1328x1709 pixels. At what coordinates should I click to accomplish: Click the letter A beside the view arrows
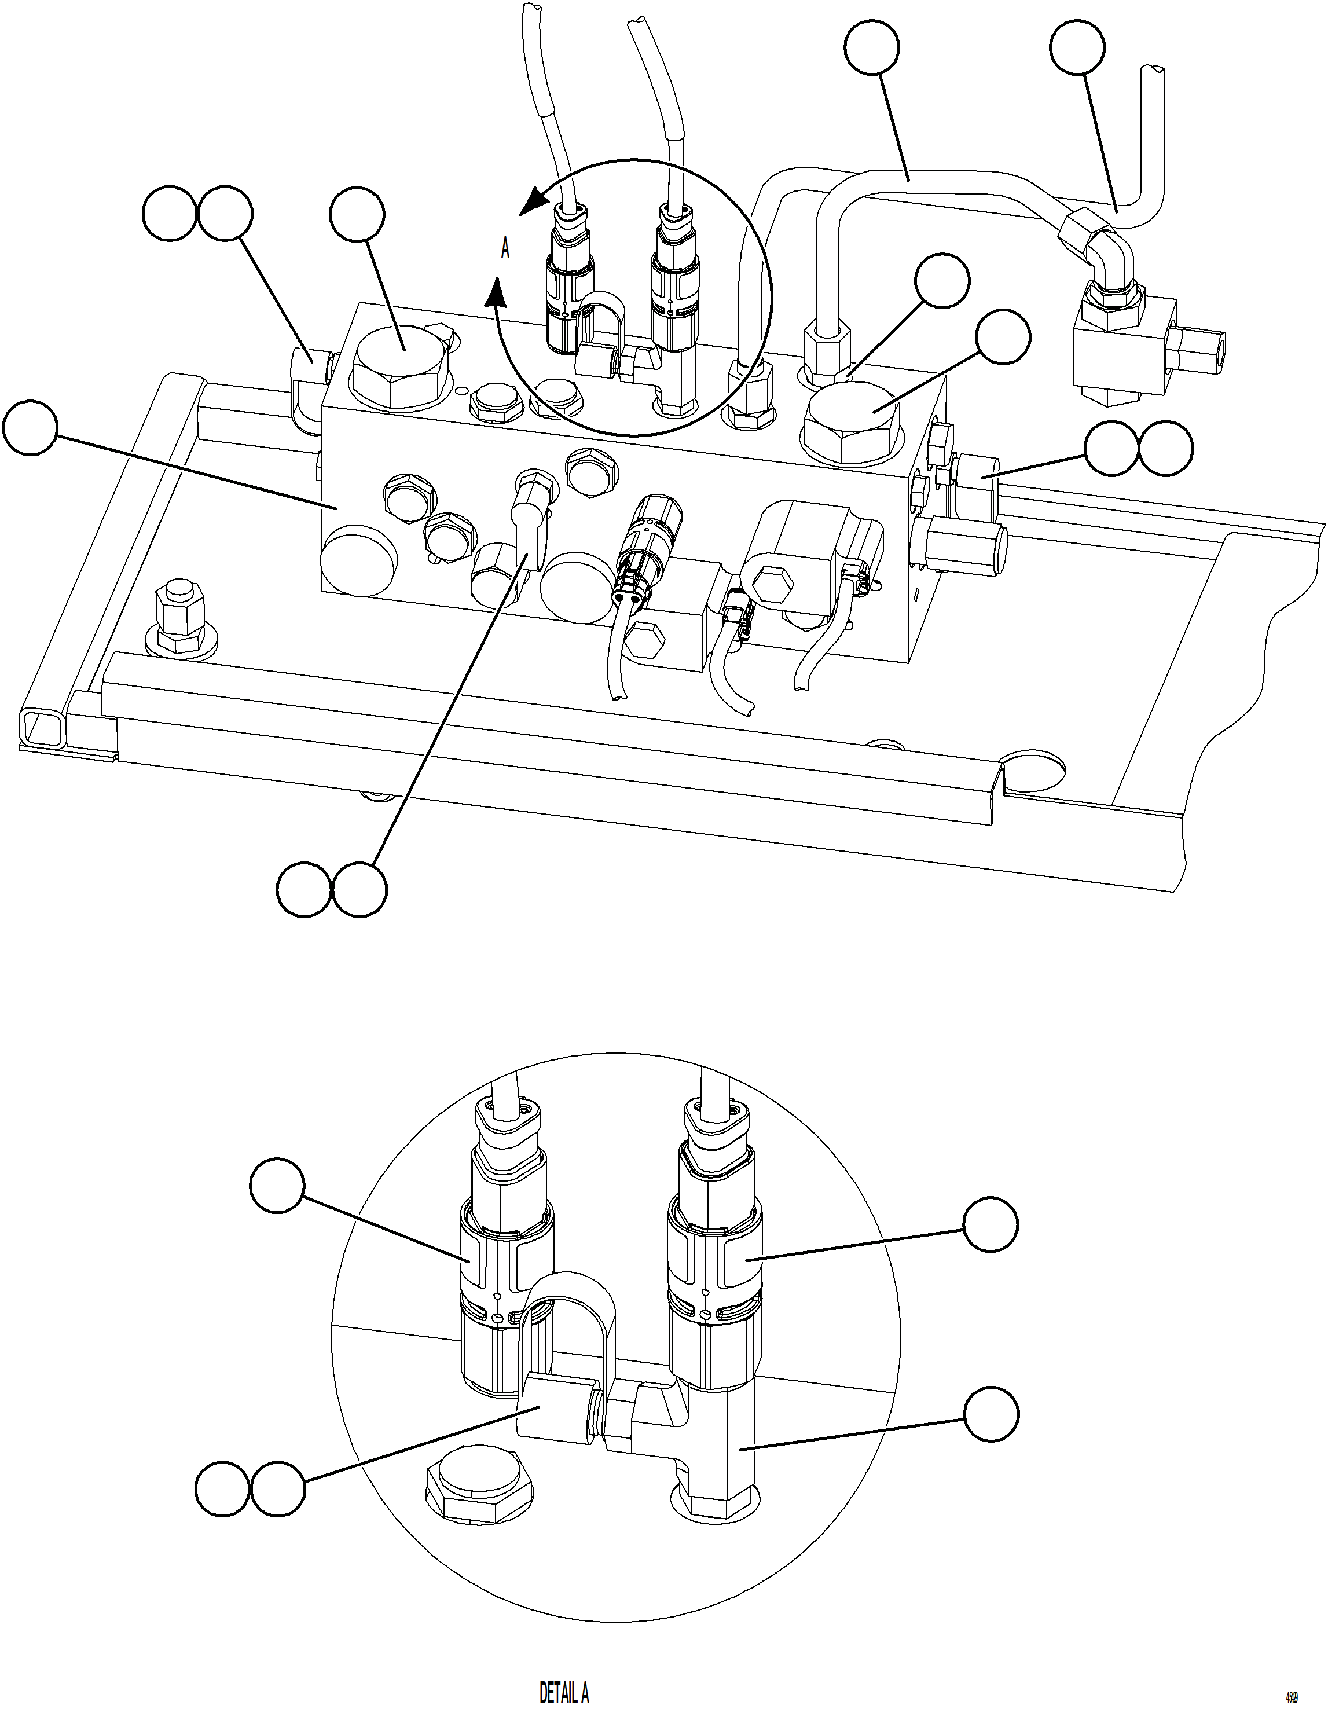505,250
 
